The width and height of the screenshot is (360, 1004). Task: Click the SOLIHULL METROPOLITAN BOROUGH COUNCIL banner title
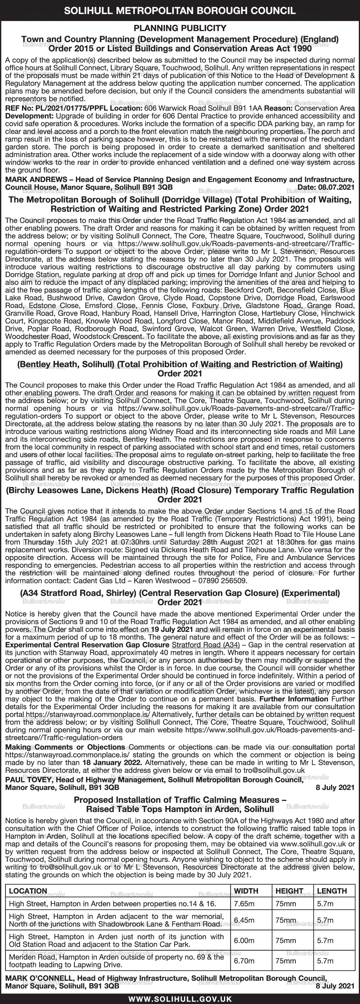180,11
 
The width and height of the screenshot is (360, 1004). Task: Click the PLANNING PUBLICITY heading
180,28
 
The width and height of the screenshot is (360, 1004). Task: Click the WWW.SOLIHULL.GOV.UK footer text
180,995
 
